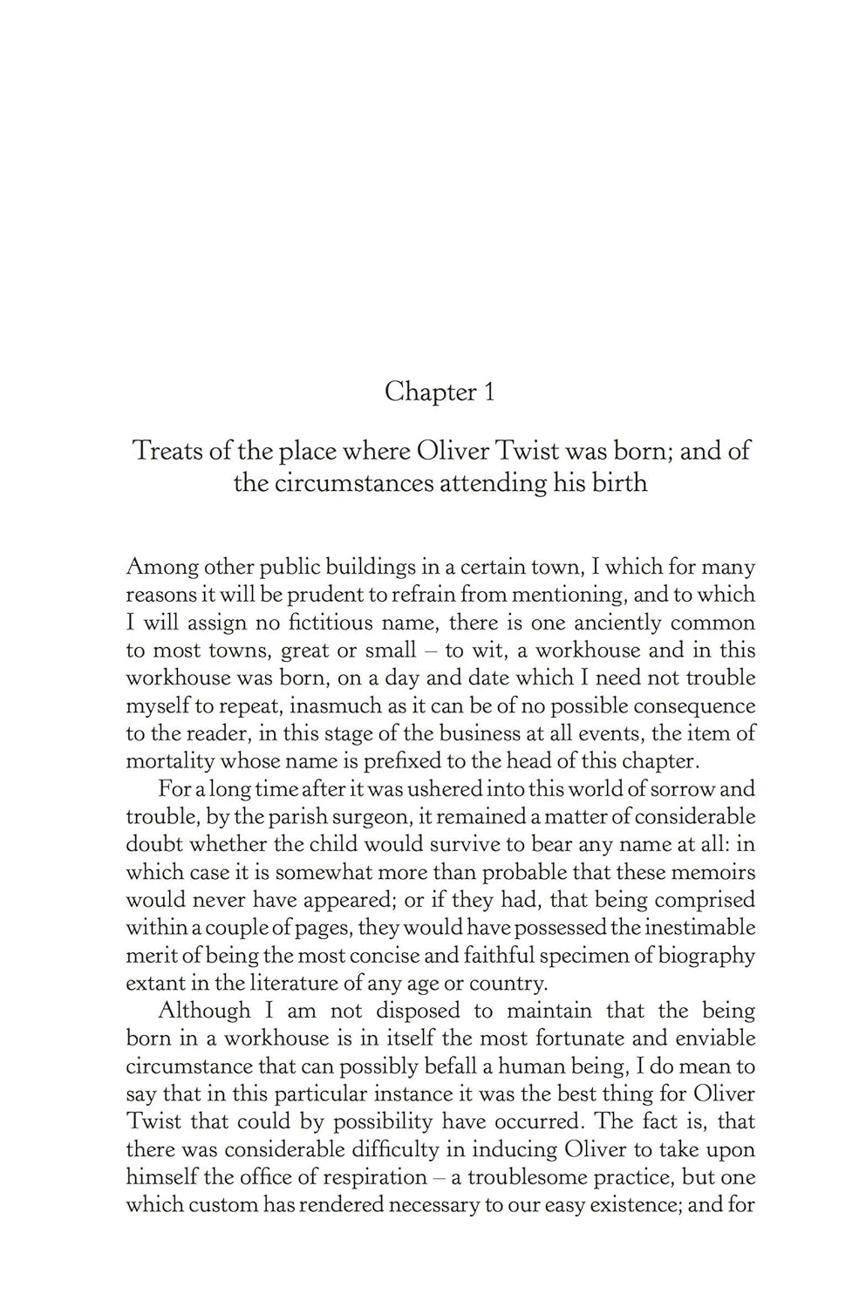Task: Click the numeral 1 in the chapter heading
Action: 489,392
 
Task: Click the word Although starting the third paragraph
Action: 203,1011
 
